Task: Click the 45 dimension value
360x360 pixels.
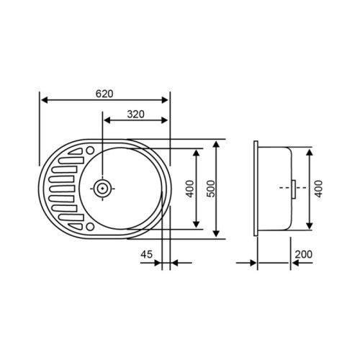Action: (x=146, y=253)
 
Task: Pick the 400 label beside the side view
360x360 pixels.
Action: (x=318, y=188)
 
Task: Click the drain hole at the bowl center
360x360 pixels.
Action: (x=104, y=189)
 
